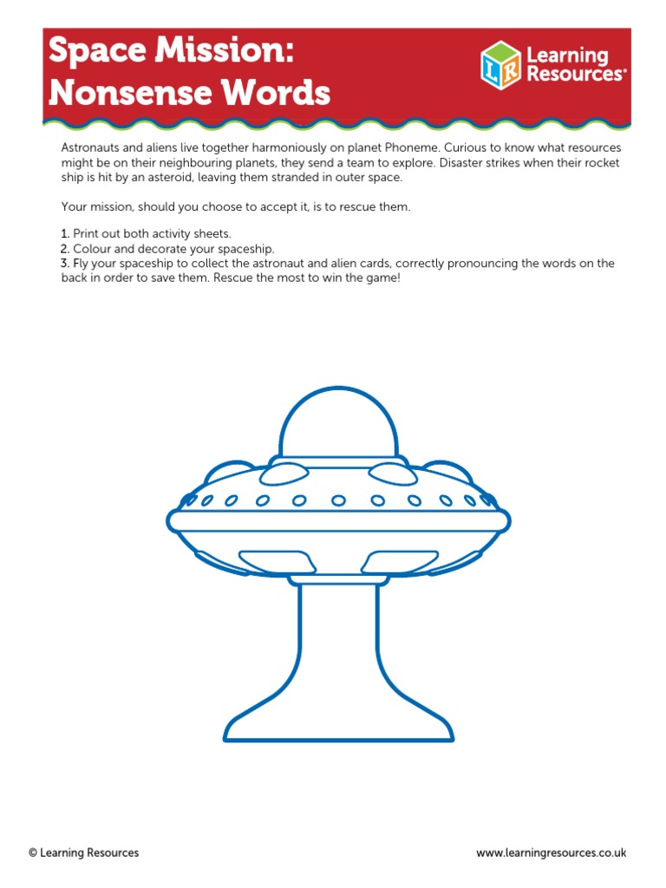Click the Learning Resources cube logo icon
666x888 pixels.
coord(501,65)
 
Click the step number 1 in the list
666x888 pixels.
coord(65,234)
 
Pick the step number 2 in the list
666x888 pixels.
coord(65,249)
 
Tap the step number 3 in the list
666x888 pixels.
coord(65,264)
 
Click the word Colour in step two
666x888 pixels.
coord(91,249)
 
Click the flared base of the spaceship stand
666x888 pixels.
coord(338,724)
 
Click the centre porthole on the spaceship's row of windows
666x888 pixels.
coord(338,500)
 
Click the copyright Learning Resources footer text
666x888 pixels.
coord(83,853)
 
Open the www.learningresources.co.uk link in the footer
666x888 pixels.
coord(551,853)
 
